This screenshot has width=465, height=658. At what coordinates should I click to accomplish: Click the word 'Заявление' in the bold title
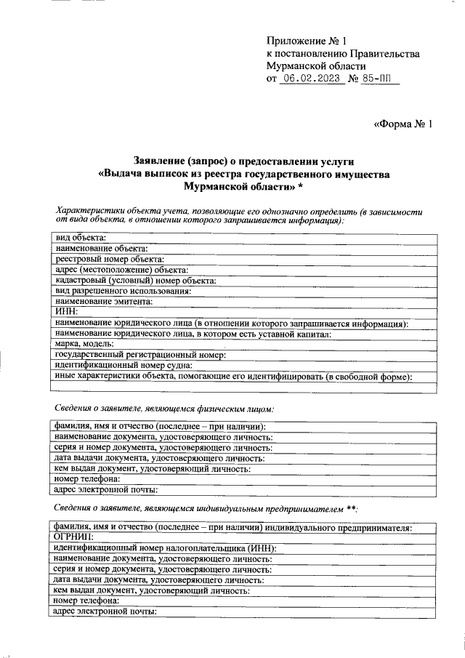click(159, 160)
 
